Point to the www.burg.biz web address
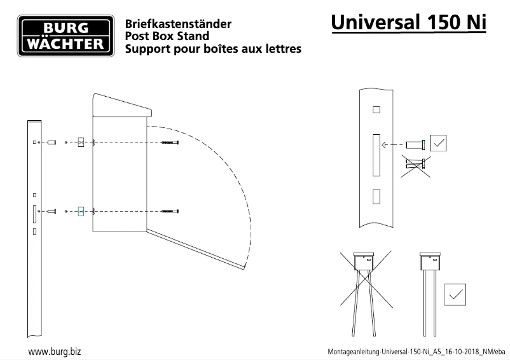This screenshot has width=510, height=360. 54,350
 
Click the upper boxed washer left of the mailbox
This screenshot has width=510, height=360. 80,142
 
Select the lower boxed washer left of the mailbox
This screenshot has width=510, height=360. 80,211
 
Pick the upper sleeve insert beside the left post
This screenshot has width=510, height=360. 52,142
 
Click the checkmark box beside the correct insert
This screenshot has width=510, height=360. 438,142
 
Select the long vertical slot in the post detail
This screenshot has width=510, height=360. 376,155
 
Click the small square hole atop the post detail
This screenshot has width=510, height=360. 376,109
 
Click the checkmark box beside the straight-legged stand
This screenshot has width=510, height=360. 454,294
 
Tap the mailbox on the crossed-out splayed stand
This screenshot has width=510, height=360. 364,261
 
